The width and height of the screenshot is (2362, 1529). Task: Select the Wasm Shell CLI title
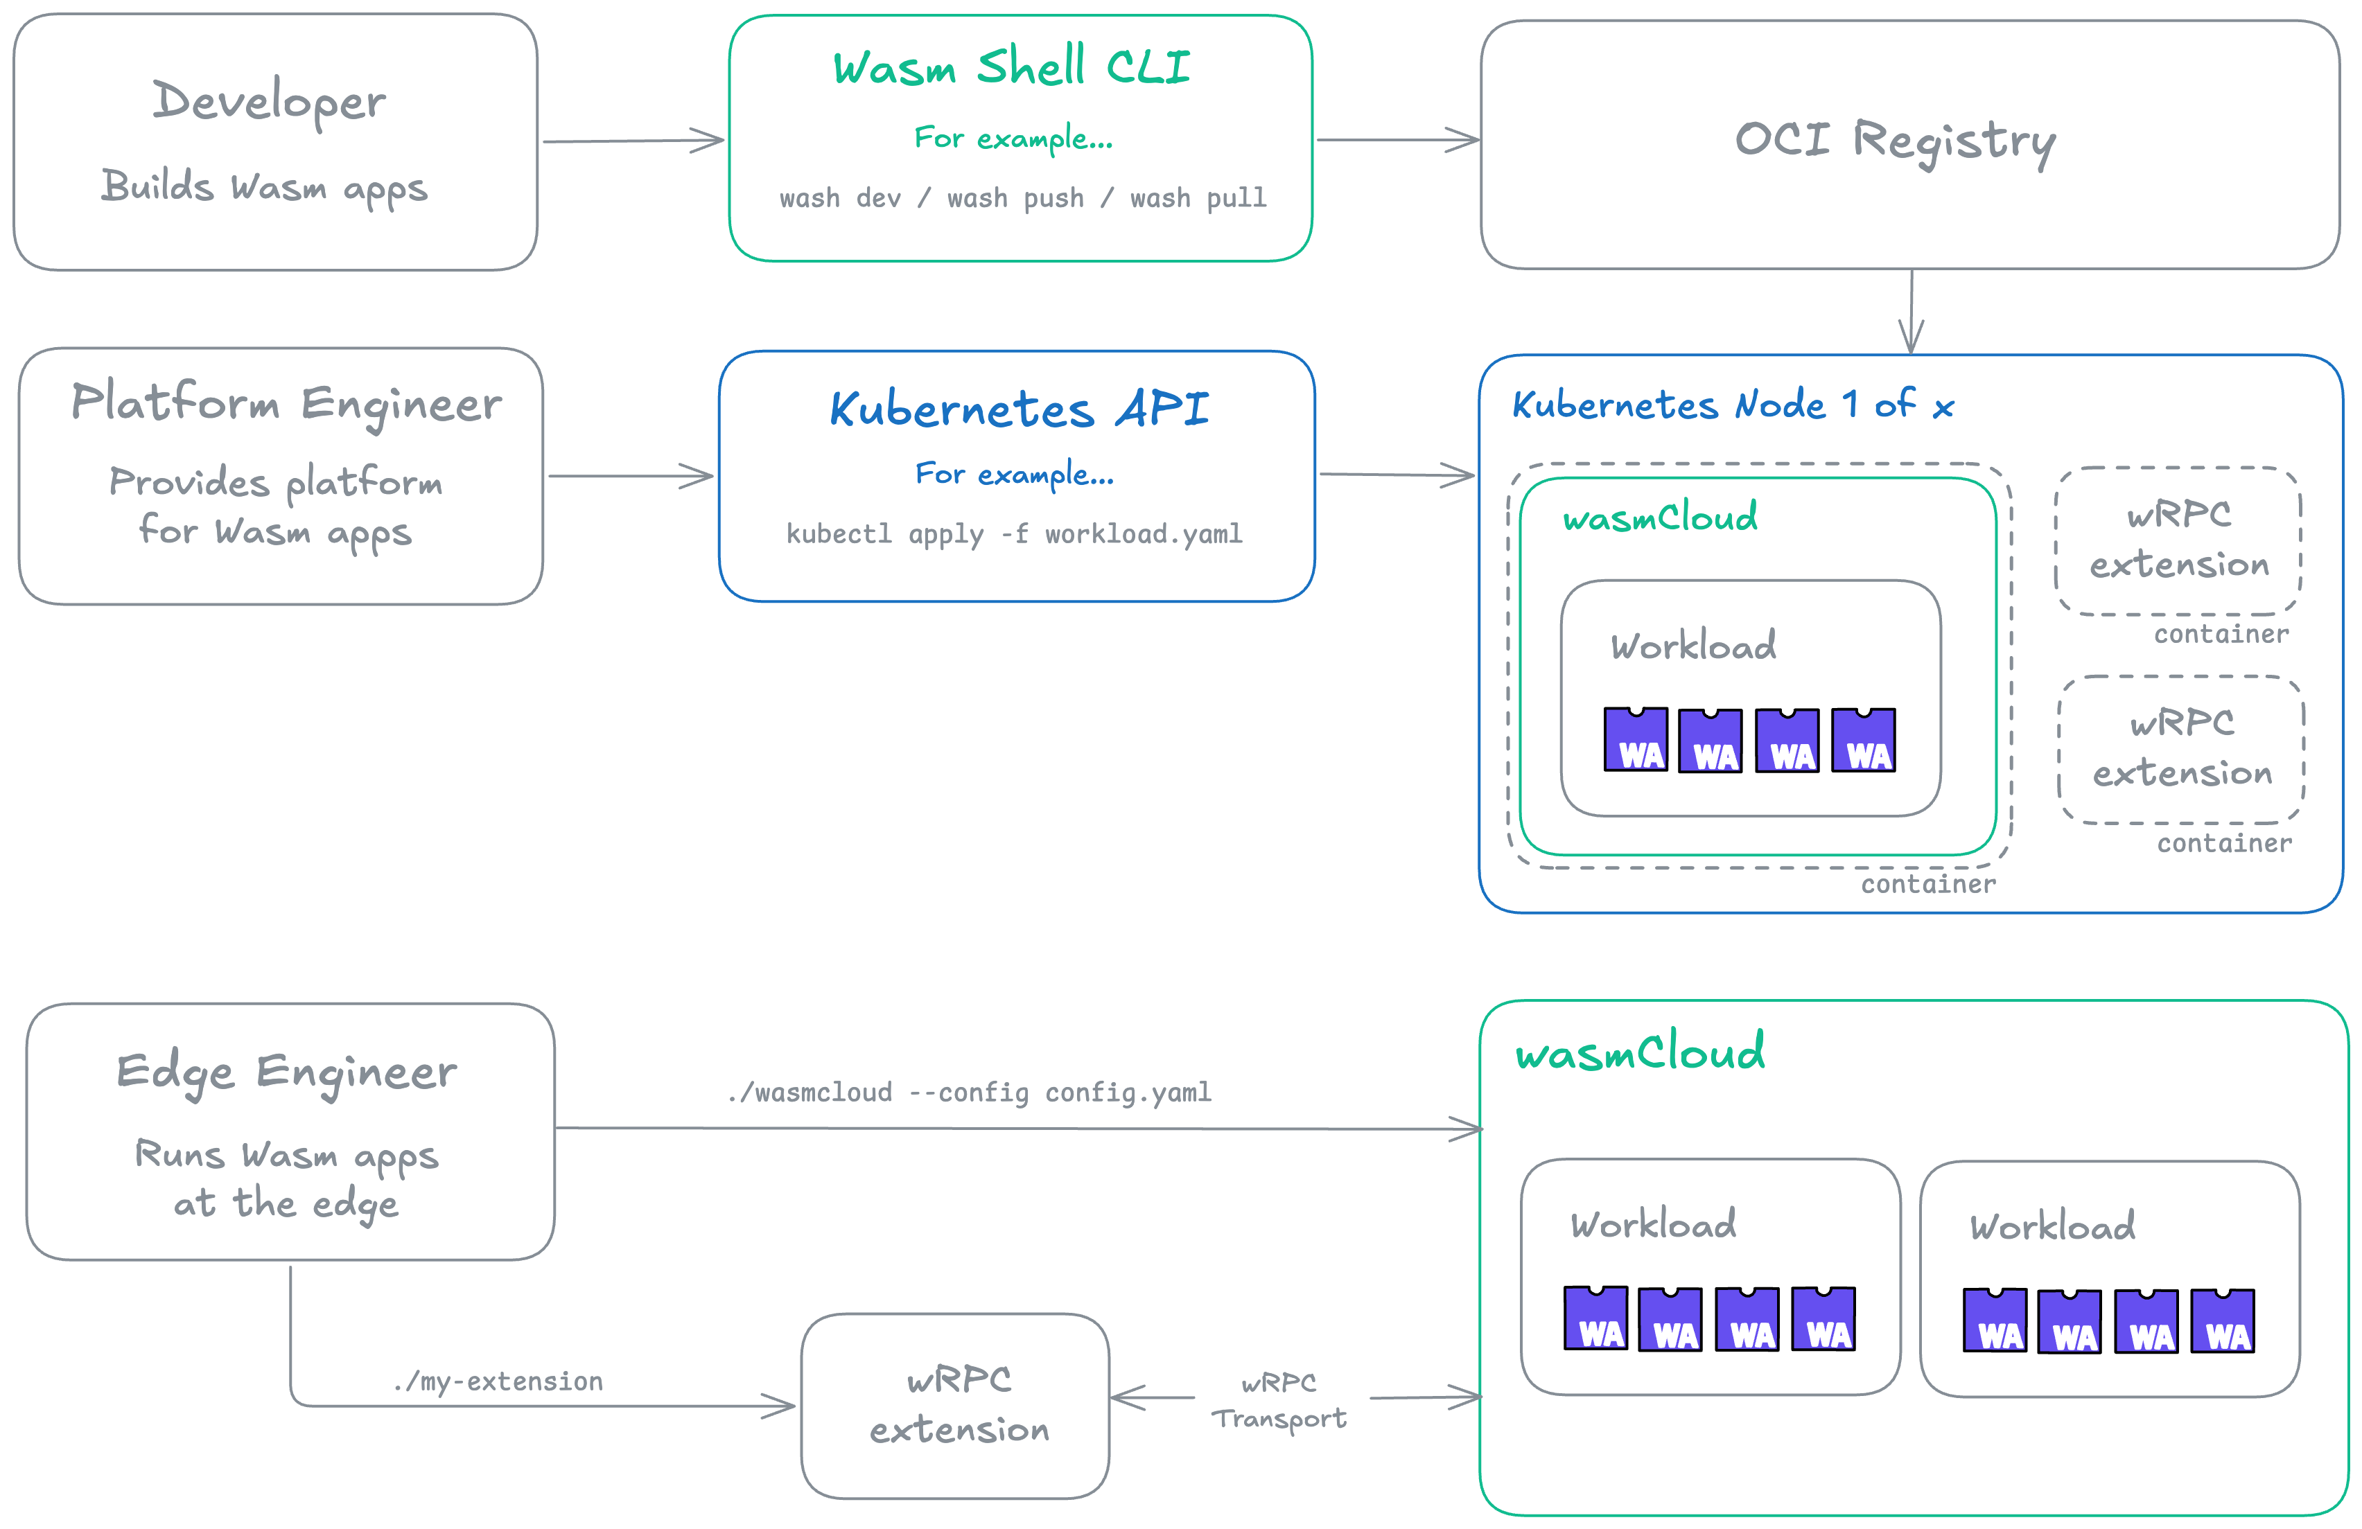pyautogui.click(x=1011, y=67)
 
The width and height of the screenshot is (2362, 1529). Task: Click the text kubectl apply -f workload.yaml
pyautogui.click(x=1014, y=535)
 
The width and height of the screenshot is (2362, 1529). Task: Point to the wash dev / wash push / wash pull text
pyautogui.click(x=1022, y=198)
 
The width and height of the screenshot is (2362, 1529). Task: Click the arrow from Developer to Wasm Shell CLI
pyautogui.click(x=633, y=141)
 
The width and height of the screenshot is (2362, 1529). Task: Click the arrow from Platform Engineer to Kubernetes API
pyautogui.click(x=630, y=476)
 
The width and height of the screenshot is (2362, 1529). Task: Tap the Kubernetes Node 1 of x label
pyautogui.click(x=1732, y=405)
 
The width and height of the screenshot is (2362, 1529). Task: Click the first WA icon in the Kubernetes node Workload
pyautogui.click(x=1636, y=740)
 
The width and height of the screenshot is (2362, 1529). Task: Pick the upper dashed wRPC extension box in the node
pyautogui.click(x=2178, y=541)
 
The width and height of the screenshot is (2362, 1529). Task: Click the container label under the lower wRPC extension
pyautogui.click(x=2224, y=843)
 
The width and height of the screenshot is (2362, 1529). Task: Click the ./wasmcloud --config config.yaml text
pyautogui.click(x=969, y=1093)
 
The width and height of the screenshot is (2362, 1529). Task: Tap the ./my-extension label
pyautogui.click(x=498, y=1381)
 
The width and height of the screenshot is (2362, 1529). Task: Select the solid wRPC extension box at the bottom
pyautogui.click(x=955, y=1405)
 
